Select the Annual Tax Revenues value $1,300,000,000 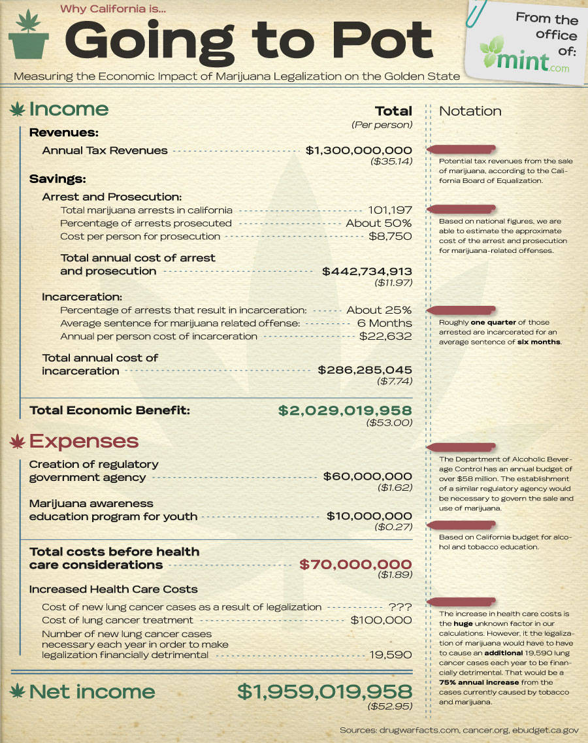[x=359, y=150]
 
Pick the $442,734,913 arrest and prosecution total [x=367, y=271]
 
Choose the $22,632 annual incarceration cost [x=385, y=336]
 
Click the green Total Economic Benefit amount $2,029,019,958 [x=345, y=410]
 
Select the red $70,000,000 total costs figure [x=355, y=565]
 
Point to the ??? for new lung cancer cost [x=400, y=607]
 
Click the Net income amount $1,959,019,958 [x=324, y=691]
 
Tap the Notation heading [x=470, y=111]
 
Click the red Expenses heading [x=84, y=441]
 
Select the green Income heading [x=69, y=109]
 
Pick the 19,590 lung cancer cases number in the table [x=390, y=654]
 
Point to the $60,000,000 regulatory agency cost [x=368, y=476]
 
